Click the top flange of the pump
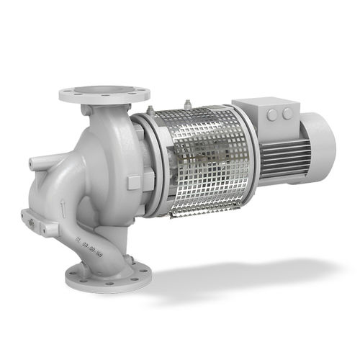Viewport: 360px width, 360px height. [104, 94]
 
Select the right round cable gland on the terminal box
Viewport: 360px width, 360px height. [287, 114]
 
